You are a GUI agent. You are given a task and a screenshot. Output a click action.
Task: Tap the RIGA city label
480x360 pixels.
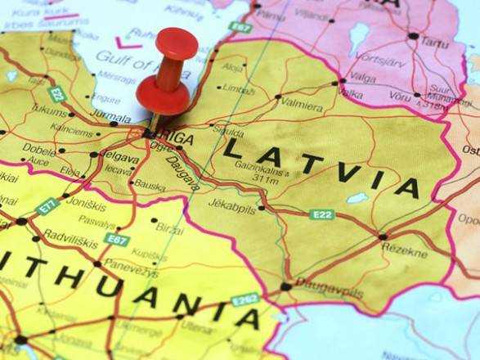[175, 139]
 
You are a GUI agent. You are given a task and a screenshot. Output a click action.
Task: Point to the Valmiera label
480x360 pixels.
[302, 103]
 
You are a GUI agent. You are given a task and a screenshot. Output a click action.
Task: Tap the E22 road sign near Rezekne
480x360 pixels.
[322, 214]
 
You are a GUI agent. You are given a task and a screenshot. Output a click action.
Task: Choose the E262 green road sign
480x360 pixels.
[245, 300]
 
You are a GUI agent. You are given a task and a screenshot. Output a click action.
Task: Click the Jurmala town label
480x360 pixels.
[111, 118]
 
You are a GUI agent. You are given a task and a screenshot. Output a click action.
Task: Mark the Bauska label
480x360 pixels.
[150, 186]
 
